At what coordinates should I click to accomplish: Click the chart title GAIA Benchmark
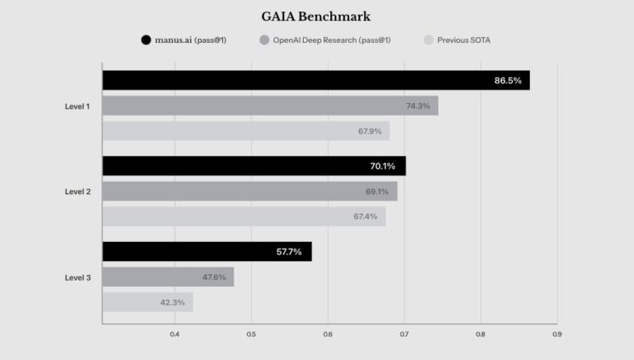(x=317, y=16)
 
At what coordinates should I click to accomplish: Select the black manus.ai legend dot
(x=146, y=40)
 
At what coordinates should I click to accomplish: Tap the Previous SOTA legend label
(x=463, y=40)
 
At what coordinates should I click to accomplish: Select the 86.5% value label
(x=508, y=80)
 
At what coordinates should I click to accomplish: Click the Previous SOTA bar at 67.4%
(x=244, y=217)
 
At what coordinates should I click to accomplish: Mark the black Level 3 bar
(x=206, y=252)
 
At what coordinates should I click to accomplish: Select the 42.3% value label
(x=173, y=303)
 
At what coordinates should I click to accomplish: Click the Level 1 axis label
(x=78, y=106)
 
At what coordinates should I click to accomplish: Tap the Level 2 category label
(x=78, y=192)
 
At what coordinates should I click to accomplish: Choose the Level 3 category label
(x=78, y=277)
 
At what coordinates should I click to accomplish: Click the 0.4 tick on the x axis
(x=174, y=334)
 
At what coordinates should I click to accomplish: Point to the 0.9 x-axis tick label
(x=557, y=334)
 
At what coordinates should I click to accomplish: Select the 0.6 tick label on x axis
(x=328, y=334)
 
